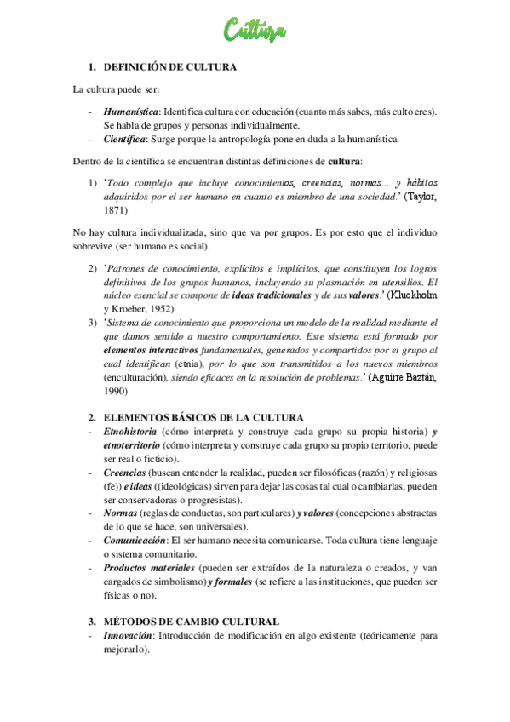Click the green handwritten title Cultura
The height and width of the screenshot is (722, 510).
[x=255, y=32]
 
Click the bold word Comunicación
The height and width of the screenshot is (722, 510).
[x=135, y=542]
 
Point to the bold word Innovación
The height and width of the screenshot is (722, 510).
[x=129, y=637]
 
